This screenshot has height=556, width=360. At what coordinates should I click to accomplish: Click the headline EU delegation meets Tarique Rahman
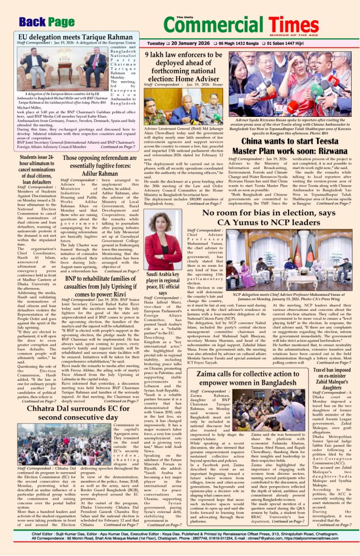point(76,38)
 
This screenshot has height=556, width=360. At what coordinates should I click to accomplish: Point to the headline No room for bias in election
point(267,217)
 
